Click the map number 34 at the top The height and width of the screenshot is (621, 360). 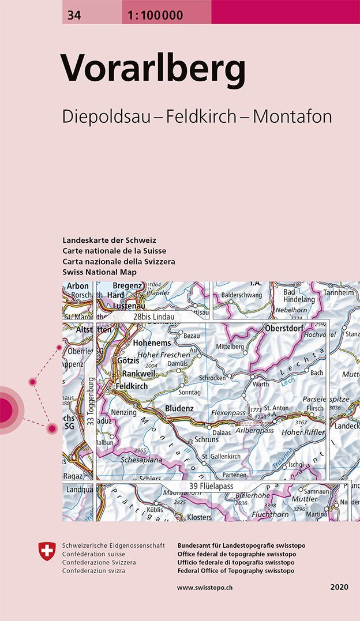[x=74, y=15]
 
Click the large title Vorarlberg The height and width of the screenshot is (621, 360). [x=155, y=70]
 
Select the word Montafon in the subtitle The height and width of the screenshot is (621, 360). [x=292, y=116]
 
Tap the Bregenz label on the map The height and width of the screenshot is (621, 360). [x=127, y=286]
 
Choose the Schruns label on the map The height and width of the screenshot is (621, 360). [x=207, y=439]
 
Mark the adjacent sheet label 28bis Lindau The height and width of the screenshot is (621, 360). [x=153, y=317]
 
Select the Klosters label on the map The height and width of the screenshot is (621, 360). [x=199, y=517]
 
